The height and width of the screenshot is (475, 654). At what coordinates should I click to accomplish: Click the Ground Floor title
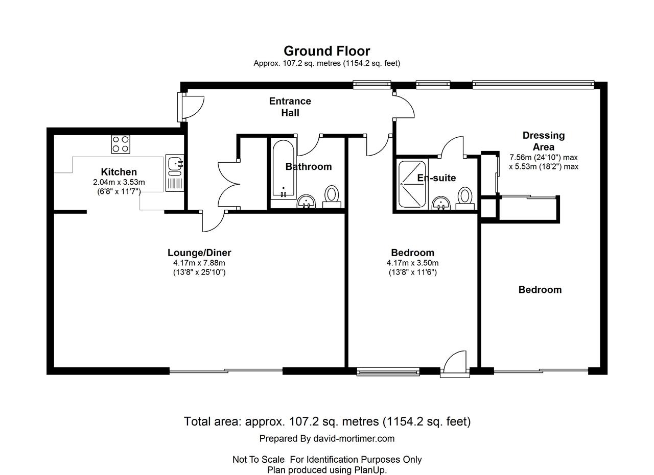(x=326, y=51)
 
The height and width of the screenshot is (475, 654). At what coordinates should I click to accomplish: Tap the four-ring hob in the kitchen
(x=121, y=144)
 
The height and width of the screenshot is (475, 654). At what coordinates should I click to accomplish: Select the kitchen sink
(x=175, y=173)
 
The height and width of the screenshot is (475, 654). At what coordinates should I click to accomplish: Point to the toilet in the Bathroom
(x=332, y=197)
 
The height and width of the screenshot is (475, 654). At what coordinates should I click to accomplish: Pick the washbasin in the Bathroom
(x=306, y=202)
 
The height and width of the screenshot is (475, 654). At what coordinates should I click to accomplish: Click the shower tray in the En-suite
(x=412, y=184)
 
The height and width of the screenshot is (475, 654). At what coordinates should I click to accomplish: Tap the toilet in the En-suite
(x=465, y=198)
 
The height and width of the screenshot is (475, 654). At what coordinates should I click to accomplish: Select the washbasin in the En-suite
(x=441, y=203)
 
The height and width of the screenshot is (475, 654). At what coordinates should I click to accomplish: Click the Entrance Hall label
(x=290, y=107)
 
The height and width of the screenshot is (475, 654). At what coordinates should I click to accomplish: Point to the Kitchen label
(x=119, y=172)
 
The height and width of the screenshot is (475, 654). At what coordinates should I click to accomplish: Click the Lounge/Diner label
(x=199, y=253)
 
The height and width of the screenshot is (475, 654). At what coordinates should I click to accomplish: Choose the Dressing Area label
(x=544, y=141)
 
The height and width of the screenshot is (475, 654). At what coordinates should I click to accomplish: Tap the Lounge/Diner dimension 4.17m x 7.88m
(x=199, y=263)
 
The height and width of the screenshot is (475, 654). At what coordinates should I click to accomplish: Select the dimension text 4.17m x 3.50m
(x=412, y=263)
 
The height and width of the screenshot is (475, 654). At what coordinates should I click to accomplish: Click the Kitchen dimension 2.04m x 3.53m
(x=119, y=182)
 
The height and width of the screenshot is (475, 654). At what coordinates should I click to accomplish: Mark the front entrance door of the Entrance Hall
(x=191, y=107)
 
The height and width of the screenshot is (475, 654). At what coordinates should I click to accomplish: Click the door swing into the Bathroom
(x=309, y=145)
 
